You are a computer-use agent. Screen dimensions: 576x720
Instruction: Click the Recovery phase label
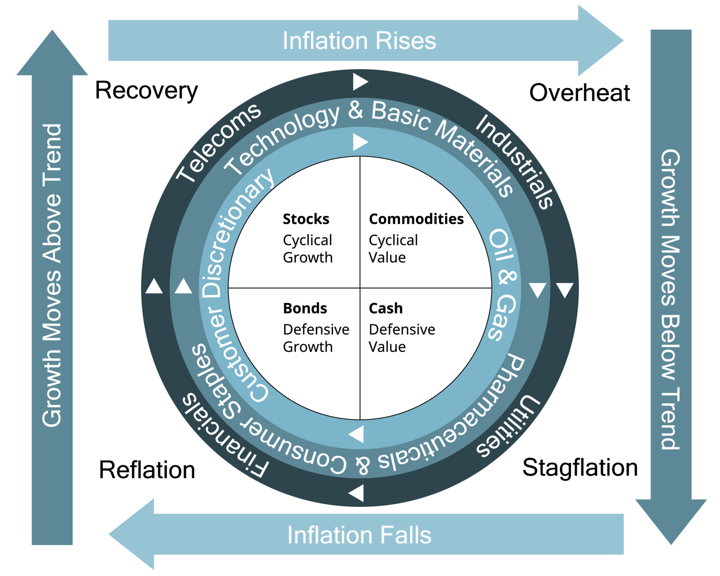coord(146,91)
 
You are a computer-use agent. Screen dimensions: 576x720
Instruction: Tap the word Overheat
coord(579,93)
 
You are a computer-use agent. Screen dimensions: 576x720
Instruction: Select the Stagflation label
coord(580,468)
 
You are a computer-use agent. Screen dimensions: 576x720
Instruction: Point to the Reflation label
coord(147,470)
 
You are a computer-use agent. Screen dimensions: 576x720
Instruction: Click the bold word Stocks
coord(306,219)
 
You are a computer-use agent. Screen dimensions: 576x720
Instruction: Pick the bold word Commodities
coord(416,219)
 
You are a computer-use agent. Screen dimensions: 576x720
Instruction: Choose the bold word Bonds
coord(305,308)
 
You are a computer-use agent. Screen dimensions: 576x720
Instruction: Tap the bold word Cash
coord(385,308)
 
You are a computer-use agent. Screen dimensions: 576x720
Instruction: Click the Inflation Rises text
coord(359,40)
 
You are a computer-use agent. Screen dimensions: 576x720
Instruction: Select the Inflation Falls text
coord(359,535)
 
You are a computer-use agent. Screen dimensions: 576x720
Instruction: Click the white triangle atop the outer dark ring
coord(360,82)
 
